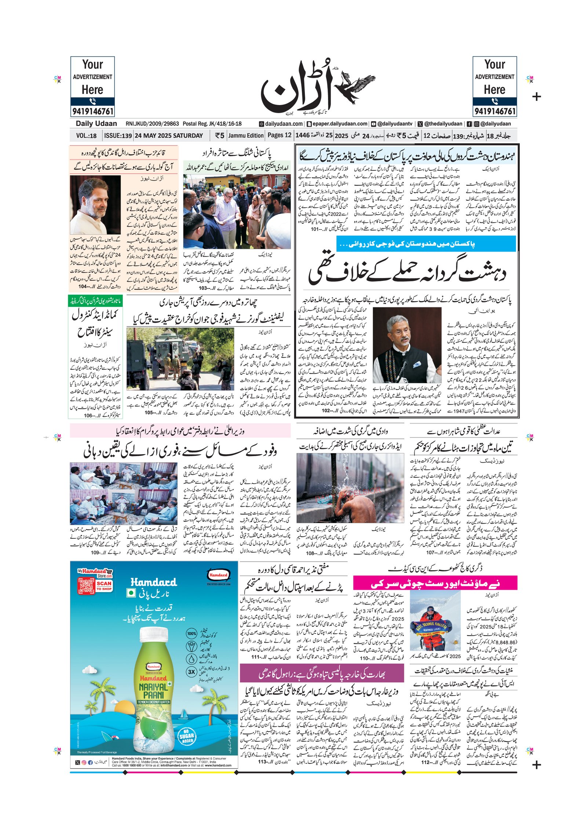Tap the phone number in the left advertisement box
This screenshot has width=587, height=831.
(92, 111)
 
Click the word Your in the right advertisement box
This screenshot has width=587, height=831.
(495, 65)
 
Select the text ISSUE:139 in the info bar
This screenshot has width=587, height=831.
(118, 136)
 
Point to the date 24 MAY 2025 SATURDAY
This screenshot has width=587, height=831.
(169, 136)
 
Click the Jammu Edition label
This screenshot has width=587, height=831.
(246, 136)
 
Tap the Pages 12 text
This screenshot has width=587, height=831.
(279, 135)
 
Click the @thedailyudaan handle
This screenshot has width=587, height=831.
(443, 124)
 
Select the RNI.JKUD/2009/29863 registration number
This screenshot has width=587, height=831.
(152, 124)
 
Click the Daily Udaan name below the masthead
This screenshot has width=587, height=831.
(96, 124)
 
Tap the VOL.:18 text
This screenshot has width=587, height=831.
(86, 136)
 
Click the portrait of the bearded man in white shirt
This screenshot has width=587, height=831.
(95, 205)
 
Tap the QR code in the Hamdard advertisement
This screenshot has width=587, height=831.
(85, 585)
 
